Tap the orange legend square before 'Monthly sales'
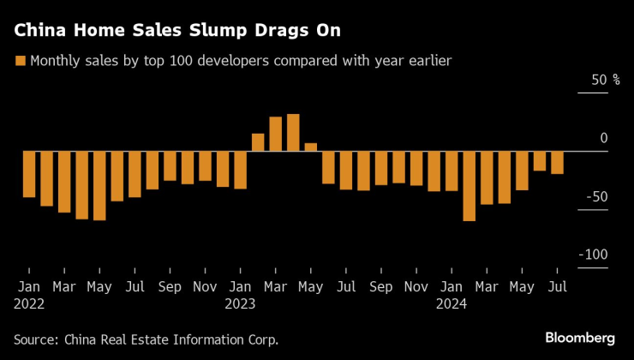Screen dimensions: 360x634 coord(19,61)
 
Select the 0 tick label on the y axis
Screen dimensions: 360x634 coord(603,138)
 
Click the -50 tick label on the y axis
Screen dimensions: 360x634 coord(598,196)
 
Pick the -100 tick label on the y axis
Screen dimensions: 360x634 coord(595,255)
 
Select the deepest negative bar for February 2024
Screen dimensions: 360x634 coord(469,186)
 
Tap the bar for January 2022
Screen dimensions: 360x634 coord(29,175)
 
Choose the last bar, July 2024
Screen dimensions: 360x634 coord(557,163)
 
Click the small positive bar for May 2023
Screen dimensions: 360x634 coord(311,147)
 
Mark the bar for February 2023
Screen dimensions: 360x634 coord(258,142)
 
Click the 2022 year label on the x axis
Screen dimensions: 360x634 coord(29,302)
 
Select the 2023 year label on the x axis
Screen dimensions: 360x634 coord(240,302)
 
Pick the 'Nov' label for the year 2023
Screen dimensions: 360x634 coord(416,285)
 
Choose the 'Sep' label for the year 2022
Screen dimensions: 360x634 coord(170,285)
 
